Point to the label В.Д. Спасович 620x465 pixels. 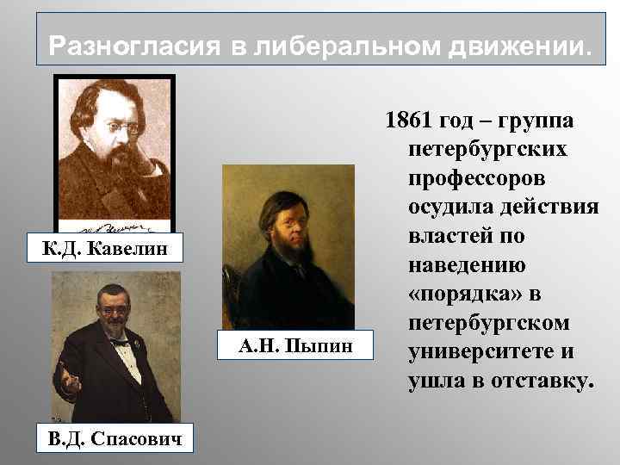click(x=108, y=439)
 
